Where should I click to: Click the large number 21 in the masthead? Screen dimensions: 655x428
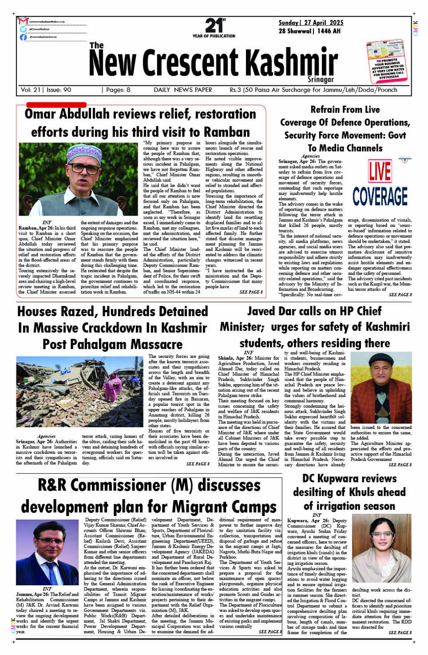(213, 25)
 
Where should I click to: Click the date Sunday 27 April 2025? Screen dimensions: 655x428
(311, 23)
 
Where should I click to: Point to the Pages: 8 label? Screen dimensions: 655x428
(118, 90)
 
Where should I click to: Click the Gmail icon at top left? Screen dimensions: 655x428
(24, 21)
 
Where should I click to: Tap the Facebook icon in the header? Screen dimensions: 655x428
(24, 37)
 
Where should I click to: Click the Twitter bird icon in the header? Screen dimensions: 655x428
(24, 29)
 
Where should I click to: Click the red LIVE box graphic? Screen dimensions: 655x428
(380, 171)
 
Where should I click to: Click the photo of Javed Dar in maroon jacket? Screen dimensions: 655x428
(381, 387)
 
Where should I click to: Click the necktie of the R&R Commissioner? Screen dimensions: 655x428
(51, 571)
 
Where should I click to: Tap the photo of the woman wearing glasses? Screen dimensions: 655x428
(381, 548)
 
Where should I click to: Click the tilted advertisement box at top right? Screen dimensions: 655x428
(385, 61)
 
